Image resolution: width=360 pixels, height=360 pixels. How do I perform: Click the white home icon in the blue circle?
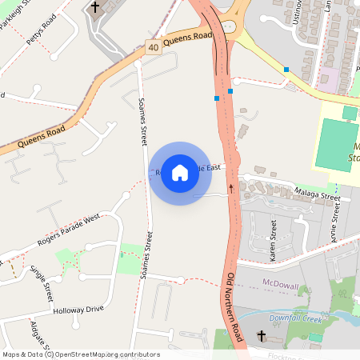[x=180, y=173]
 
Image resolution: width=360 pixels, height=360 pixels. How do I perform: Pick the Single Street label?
[x=41, y=278]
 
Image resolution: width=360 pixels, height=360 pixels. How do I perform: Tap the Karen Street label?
[x=274, y=242]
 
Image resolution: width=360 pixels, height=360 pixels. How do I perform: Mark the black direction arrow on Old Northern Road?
[x=231, y=188]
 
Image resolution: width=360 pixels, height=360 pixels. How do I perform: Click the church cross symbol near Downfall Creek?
[x=261, y=335]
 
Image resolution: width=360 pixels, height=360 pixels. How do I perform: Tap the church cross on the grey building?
[x=94, y=8]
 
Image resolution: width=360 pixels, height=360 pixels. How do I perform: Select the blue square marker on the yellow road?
[x=286, y=70]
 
